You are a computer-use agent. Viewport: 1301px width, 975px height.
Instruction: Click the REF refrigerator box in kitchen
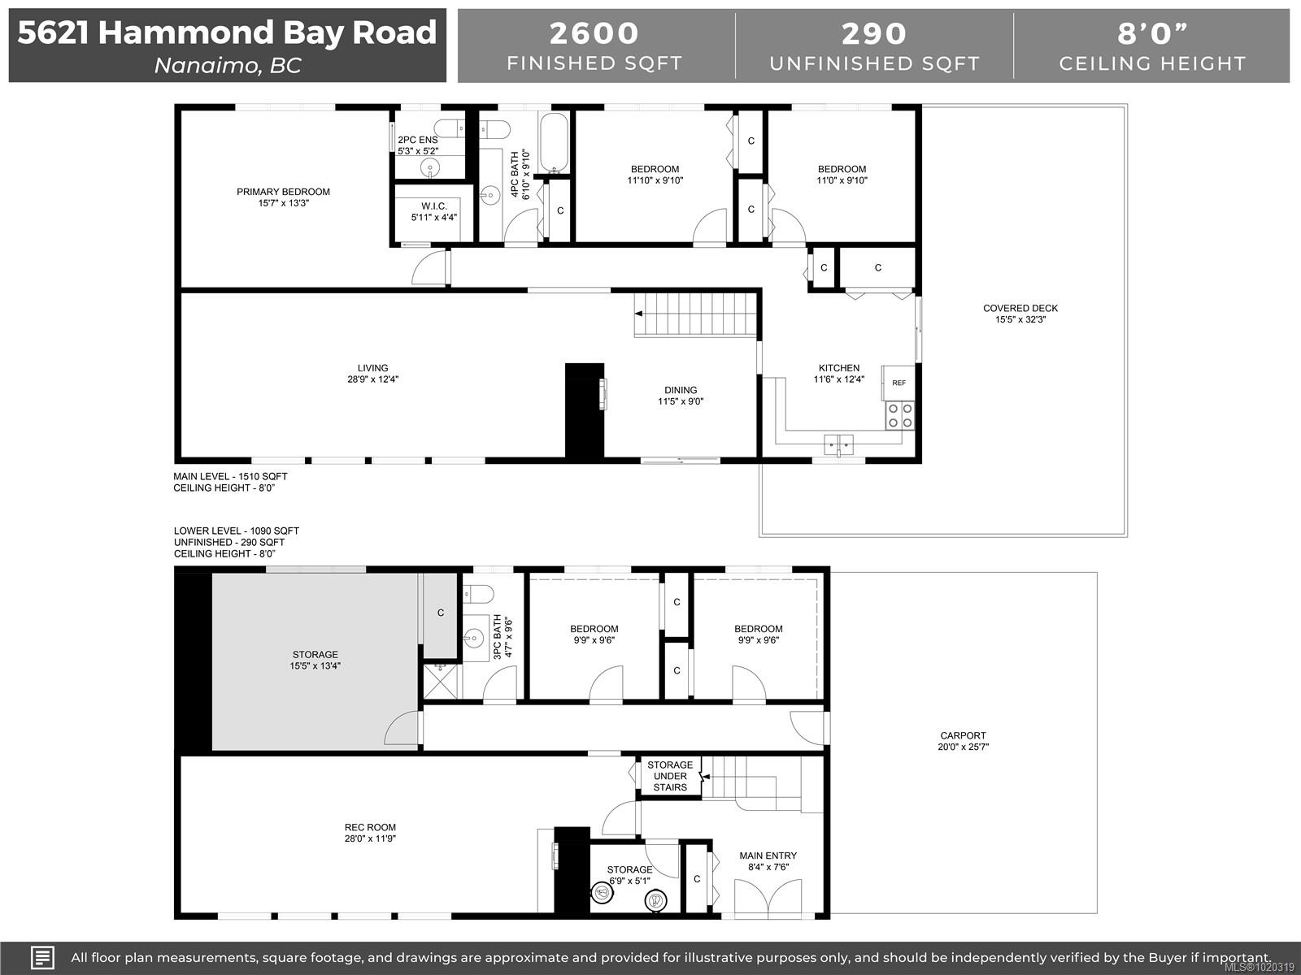pyautogui.click(x=899, y=383)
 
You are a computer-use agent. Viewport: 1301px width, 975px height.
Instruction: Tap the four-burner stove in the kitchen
pyautogui.click(x=899, y=415)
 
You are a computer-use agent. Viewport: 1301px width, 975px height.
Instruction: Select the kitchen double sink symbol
pyautogui.click(x=839, y=444)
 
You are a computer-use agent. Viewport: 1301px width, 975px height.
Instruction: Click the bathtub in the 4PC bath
pyautogui.click(x=555, y=143)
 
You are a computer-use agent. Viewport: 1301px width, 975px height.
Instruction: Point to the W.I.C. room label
pyautogui.click(x=433, y=206)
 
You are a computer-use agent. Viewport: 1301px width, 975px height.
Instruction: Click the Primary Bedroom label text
pyautogui.click(x=283, y=192)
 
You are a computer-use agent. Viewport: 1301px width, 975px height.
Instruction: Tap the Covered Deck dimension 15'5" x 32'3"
pyautogui.click(x=1020, y=319)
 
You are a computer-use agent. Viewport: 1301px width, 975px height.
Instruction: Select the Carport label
pyautogui.click(x=963, y=735)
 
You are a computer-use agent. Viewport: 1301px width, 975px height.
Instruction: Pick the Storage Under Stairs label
pyautogui.click(x=670, y=776)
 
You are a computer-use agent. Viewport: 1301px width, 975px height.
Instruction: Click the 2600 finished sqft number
pyautogui.click(x=594, y=33)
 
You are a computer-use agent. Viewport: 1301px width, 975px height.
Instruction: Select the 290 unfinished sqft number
pyautogui.click(x=874, y=33)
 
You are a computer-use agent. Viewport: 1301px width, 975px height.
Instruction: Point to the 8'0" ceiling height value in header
pyautogui.click(x=1152, y=33)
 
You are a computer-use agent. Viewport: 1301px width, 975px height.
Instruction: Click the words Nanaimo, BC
pyautogui.click(x=228, y=65)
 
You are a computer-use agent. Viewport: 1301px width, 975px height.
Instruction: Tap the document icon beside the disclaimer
pyautogui.click(x=42, y=957)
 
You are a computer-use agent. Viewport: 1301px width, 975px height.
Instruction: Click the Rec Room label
pyautogui.click(x=370, y=828)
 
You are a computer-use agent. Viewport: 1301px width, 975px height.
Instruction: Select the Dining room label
pyautogui.click(x=681, y=390)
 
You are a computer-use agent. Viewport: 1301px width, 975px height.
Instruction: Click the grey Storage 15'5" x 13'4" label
pyautogui.click(x=315, y=660)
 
